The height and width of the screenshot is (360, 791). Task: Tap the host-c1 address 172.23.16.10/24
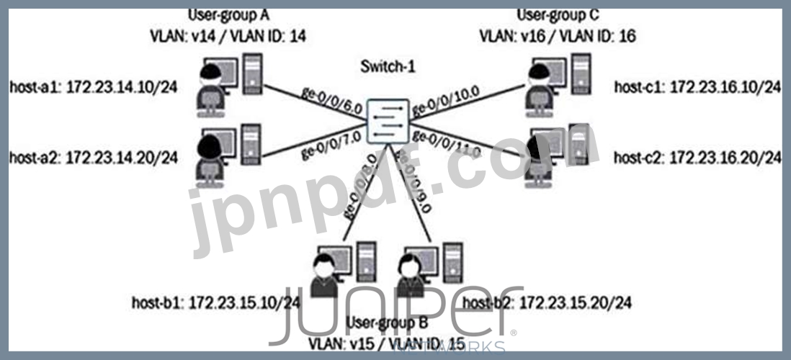click(x=697, y=88)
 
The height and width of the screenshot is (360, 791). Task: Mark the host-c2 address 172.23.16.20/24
click(x=697, y=157)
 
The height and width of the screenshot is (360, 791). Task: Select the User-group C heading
click(x=558, y=14)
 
